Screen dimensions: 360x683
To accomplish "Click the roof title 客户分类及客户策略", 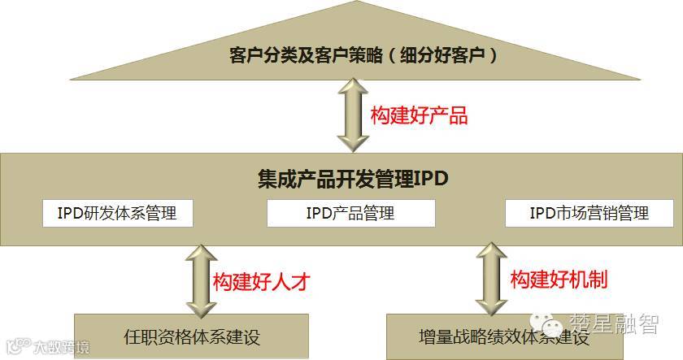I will click(x=305, y=56).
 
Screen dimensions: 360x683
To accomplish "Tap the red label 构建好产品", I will click(x=419, y=115).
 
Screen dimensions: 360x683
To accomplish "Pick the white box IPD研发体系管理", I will click(x=120, y=214).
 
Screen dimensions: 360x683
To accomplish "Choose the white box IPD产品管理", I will click(x=350, y=214).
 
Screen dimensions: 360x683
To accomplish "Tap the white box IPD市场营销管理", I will click(x=589, y=214).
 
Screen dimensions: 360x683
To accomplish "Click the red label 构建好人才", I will click(x=262, y=281).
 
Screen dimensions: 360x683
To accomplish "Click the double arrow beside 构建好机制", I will click(x=492, y=278).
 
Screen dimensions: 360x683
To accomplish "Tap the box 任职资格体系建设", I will click(x=193, y=336).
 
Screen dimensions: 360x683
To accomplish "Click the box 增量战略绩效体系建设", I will click(x=492, y=336).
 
